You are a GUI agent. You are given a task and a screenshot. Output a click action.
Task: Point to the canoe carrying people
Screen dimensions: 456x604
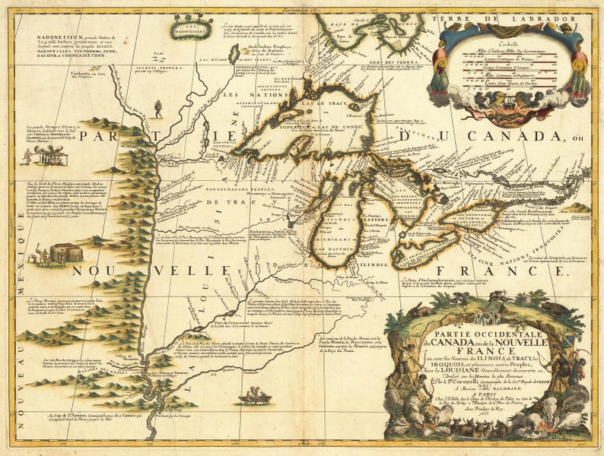253,396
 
